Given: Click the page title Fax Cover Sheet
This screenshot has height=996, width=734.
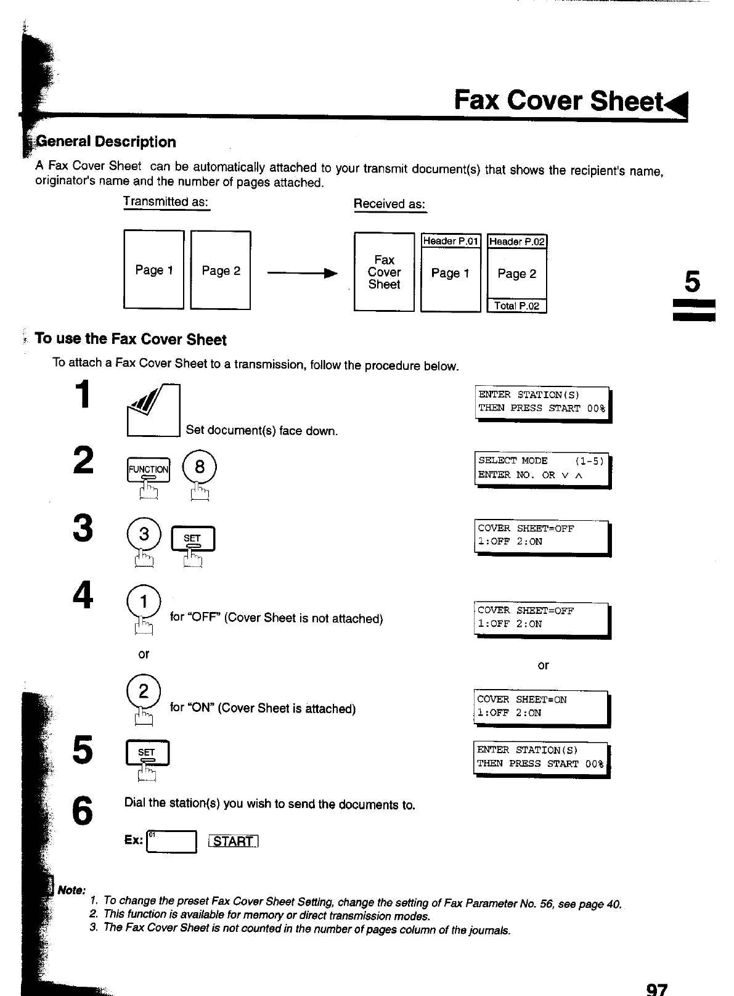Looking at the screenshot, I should (558, 100).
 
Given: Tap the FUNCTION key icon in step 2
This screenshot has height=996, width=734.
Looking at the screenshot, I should (148, 470).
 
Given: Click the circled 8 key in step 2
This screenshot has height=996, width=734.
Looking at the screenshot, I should (200, 467).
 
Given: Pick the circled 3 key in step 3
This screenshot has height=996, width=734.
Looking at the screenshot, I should (144, 534).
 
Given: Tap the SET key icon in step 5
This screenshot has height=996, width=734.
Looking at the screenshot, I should (147, 754).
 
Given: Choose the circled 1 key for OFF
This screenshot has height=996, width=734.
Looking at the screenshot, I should (143, 600).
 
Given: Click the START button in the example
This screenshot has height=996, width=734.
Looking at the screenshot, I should (234, 842).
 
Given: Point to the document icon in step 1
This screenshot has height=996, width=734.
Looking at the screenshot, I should (153, 410).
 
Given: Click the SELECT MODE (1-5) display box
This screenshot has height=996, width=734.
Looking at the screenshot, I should (542, 468).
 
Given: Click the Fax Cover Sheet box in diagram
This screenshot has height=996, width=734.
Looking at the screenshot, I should (384, 272).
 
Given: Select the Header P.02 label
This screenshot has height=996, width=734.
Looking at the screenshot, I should (516, 241).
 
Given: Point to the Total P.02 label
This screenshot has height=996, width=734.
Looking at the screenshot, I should (516, 306).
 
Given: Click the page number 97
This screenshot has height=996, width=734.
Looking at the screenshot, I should (656, 989).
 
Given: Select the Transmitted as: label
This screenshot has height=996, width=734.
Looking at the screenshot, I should (166, 202).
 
